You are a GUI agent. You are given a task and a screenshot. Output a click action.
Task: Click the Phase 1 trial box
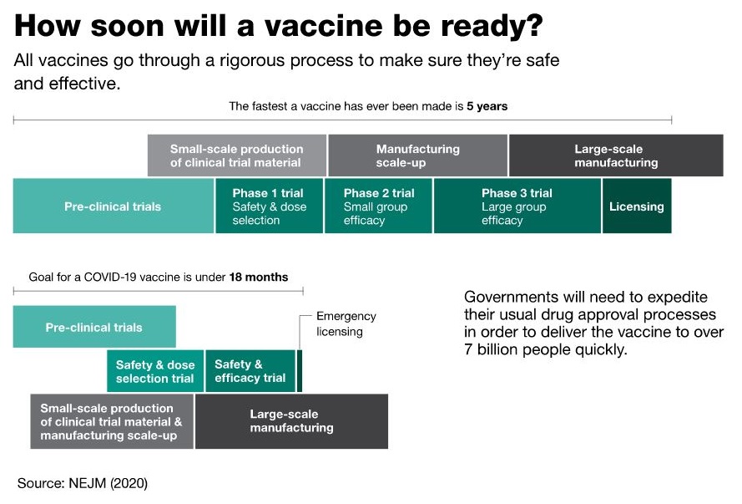(270, 206)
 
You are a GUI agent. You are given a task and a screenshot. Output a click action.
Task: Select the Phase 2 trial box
(379, 206)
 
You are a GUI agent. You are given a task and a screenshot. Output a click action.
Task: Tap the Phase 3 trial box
(517, 206)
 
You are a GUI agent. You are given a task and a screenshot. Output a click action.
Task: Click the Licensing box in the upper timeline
(637, 206)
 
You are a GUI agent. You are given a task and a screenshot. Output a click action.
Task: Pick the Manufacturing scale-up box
(417, 155)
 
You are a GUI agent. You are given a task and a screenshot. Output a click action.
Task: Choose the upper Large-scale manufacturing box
(616, 155)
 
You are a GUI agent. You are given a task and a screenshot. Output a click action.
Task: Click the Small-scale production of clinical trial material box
(236, 155)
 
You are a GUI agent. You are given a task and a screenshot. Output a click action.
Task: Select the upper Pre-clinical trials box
(114, 206)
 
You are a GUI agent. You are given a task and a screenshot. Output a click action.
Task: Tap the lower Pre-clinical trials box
(94, 327)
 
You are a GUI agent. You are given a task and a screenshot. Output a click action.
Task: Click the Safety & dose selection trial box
(155, 371)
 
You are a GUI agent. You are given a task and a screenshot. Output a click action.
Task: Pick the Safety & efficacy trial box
(250, 371)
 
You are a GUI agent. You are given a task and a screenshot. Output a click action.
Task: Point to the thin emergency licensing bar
(299, 371)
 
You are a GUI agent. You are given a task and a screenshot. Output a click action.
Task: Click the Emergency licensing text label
(346, 324)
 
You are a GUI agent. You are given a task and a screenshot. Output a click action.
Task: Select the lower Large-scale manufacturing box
(291, 421)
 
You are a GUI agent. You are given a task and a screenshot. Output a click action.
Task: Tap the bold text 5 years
(487, 106)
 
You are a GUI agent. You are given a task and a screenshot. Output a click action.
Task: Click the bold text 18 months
(259, 277)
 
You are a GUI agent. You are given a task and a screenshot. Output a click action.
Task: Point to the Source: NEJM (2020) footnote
(83, 483)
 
